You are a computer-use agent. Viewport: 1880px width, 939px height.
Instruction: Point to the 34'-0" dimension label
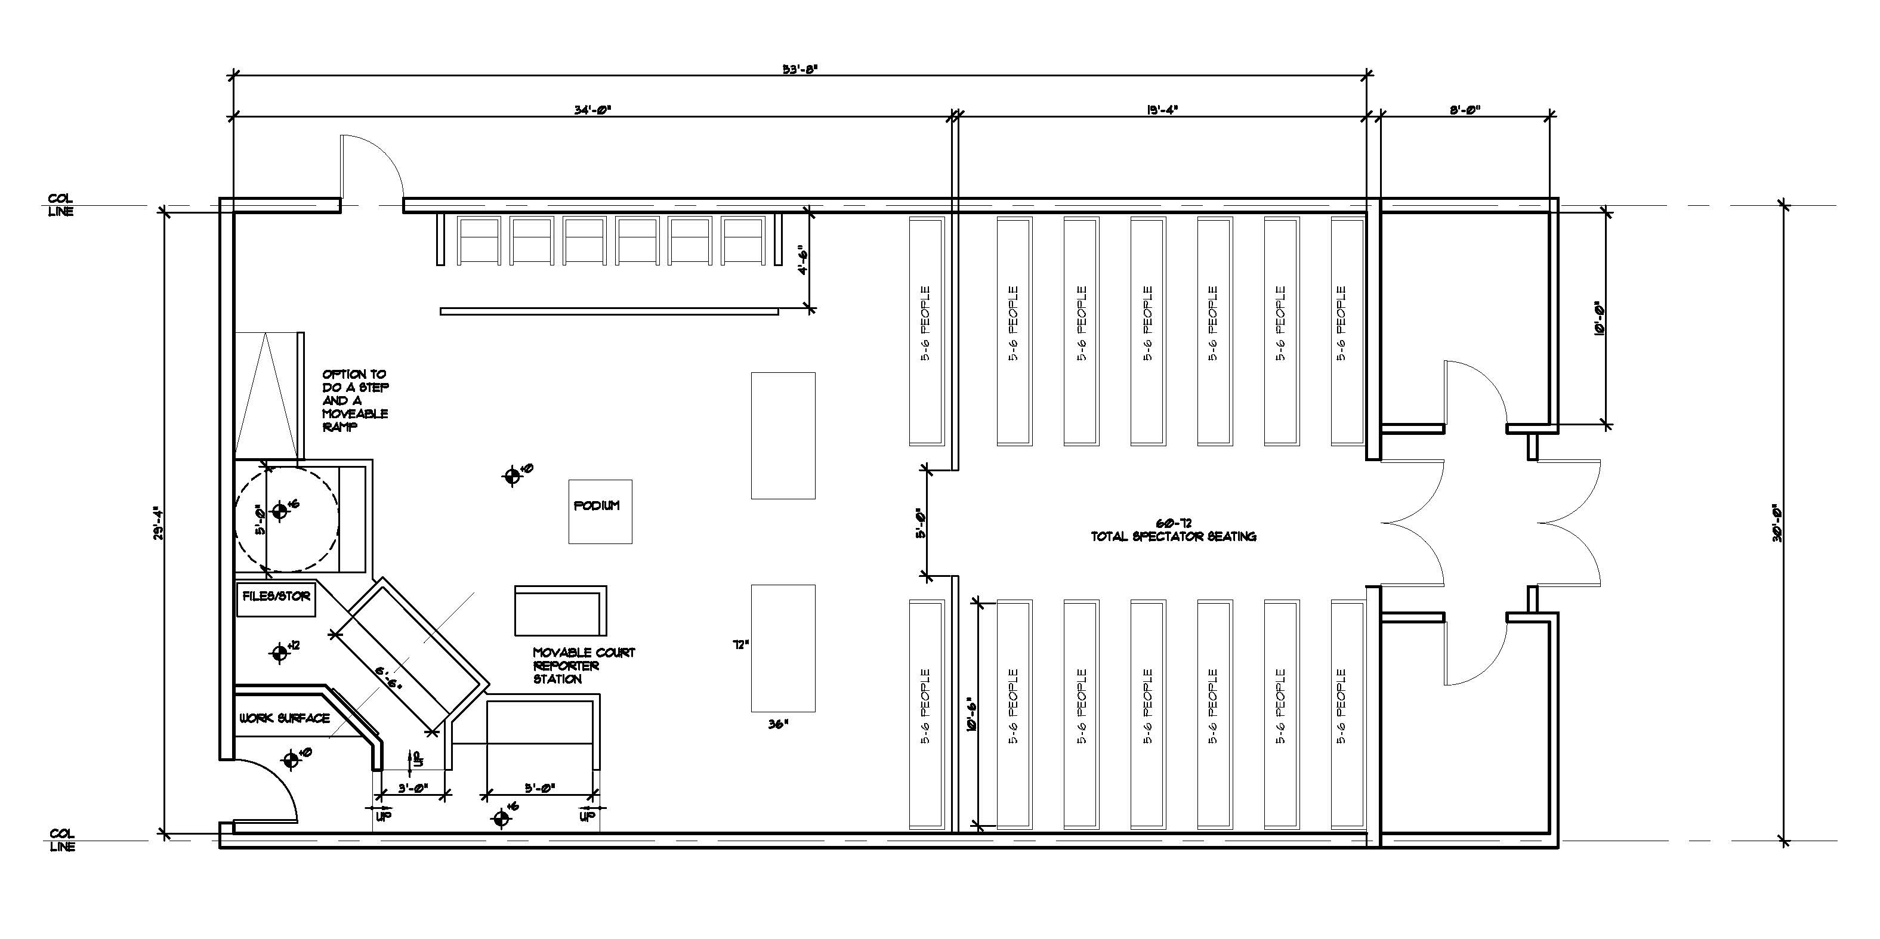(x=592, y=110)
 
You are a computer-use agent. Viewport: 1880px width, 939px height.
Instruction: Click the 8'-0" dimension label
(x=1464, y=110)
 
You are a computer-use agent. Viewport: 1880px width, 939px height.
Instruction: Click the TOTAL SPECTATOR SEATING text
(x=1173, y=536)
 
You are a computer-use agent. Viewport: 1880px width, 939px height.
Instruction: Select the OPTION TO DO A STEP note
(x=356, y=400)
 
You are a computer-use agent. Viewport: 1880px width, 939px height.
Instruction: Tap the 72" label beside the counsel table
(x=741, y=645)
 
